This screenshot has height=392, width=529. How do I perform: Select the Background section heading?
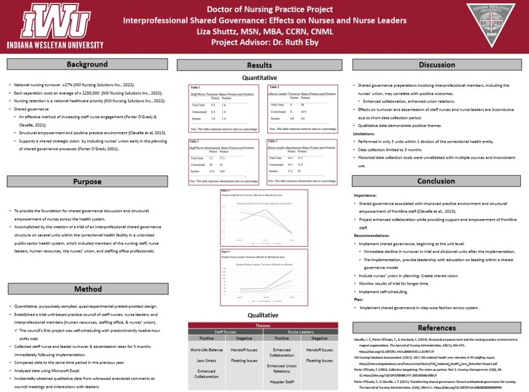point(87,64)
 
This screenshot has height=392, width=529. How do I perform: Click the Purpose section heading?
point(87,181)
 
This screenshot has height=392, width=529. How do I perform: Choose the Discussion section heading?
point(436,65)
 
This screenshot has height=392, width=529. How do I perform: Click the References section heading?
point(436,328)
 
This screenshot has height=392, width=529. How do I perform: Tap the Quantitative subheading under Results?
point(260,77)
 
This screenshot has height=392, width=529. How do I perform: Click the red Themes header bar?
point(263,325)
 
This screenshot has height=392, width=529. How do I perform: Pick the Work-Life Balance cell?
point(206,350)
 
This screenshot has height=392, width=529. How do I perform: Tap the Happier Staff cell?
point(282,381)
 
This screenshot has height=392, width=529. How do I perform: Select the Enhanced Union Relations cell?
point(282,368)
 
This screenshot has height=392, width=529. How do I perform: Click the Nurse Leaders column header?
point(300,332)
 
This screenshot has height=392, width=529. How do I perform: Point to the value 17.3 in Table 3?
point(225,158)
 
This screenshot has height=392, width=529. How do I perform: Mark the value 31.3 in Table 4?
point(303,158)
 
